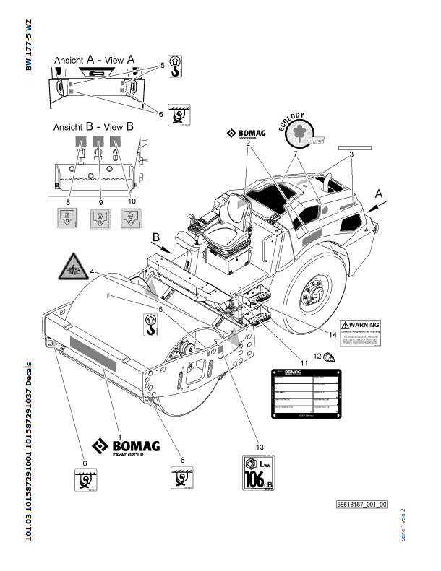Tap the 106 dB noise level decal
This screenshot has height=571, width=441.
261,474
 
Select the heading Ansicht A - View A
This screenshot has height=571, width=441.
93,62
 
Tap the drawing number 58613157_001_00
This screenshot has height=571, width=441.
361,505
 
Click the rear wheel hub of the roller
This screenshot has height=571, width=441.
314,295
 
